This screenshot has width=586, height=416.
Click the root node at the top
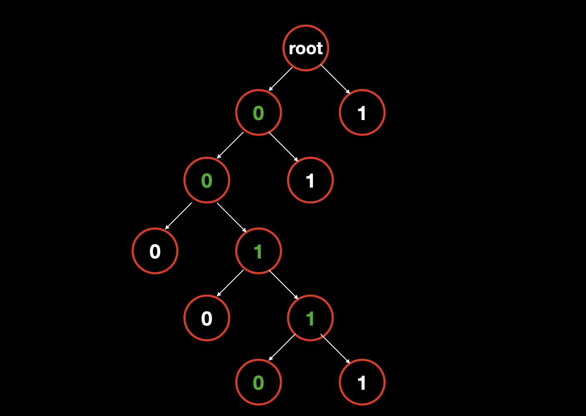tap(306, 48)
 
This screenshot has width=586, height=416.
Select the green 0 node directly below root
tap(258, 113)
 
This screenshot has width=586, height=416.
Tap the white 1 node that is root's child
tap(362, 113)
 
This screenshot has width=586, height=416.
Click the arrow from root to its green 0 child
tap(280, 79)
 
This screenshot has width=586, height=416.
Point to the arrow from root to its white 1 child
tap(336, 79)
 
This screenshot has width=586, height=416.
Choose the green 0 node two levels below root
tap(207, 180)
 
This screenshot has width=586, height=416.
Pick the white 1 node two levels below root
tap(310, 180)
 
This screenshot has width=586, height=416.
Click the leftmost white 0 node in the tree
tap(155, 251)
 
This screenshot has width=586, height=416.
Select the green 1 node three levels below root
tap(258, 251)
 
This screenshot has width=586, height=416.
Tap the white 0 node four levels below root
tap(207, 318)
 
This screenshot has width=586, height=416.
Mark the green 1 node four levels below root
tap(310, 318)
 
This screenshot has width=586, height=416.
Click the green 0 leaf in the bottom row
tap(258, 382)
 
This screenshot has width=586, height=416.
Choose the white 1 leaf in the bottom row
tap(362, 382)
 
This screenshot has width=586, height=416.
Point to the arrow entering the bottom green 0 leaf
tap(282, 348)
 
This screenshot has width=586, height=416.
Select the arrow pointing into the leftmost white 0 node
tap(178, 216)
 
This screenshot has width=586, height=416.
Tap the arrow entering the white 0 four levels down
tap(230, 283)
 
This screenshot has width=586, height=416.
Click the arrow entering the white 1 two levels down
tap(283, 147)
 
